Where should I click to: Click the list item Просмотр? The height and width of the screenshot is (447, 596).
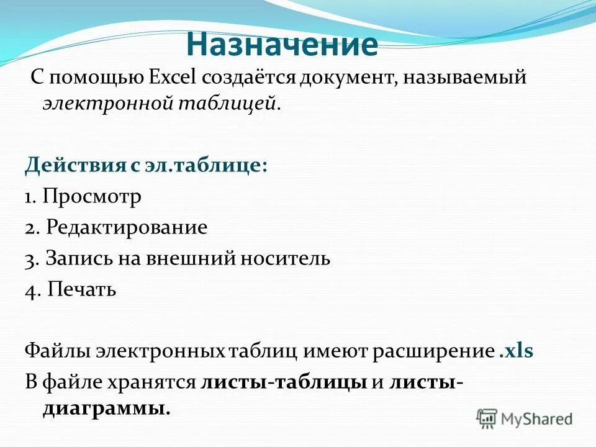pyautogui.click(x=93, y=197)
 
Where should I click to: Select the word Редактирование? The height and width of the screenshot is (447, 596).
pyautogui.click(x=126, y=227)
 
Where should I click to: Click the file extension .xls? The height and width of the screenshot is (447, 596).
pyautogui.click(x=516, y=351)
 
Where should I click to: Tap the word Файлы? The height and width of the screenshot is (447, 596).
pyautogui.click(x=57, y=351)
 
